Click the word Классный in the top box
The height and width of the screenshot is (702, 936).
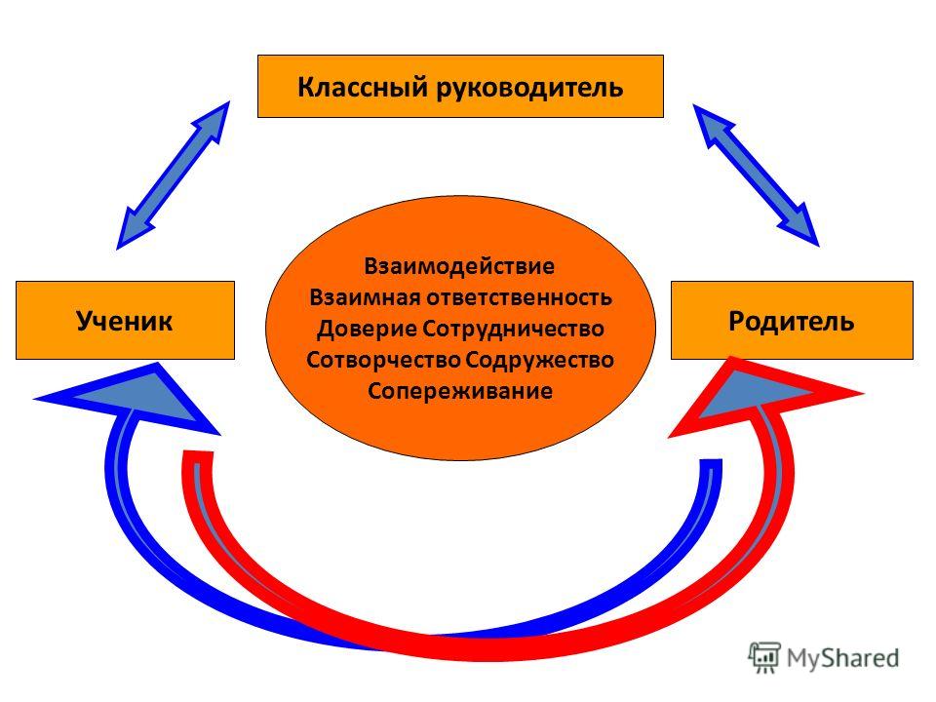pyautogui.click(x=363, y=87)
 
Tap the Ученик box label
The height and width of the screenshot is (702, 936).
pyautogui.click(x=124, y=321)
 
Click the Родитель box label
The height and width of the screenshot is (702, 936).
pyautogui.click(x=791, y=321)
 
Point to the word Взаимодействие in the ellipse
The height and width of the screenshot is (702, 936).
pyautogui.click(x=459, y=266)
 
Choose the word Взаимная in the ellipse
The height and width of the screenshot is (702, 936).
pyautogui.click(x=365, y=296)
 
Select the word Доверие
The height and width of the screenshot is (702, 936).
pyautogui.click(x=368, y=329)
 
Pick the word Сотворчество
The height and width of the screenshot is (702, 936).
pyautogui.click(x=383, y=360)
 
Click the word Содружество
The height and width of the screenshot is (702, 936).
pyautogui.click(x=539, y=360)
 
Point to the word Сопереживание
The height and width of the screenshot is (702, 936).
pyautogui.click(x=459, y=391)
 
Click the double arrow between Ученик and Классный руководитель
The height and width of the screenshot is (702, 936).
pyautogui.click(x=174, y=175)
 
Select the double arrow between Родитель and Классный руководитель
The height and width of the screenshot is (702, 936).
pyautogui.click(x=756, y=175)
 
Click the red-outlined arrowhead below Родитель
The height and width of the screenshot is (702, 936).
pyautogui.click(x=766, y=397)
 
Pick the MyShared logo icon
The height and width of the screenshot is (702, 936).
pyautogui.click(x=764, y=658)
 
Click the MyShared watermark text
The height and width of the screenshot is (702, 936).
pyautogui.click(x=842, y=658)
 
